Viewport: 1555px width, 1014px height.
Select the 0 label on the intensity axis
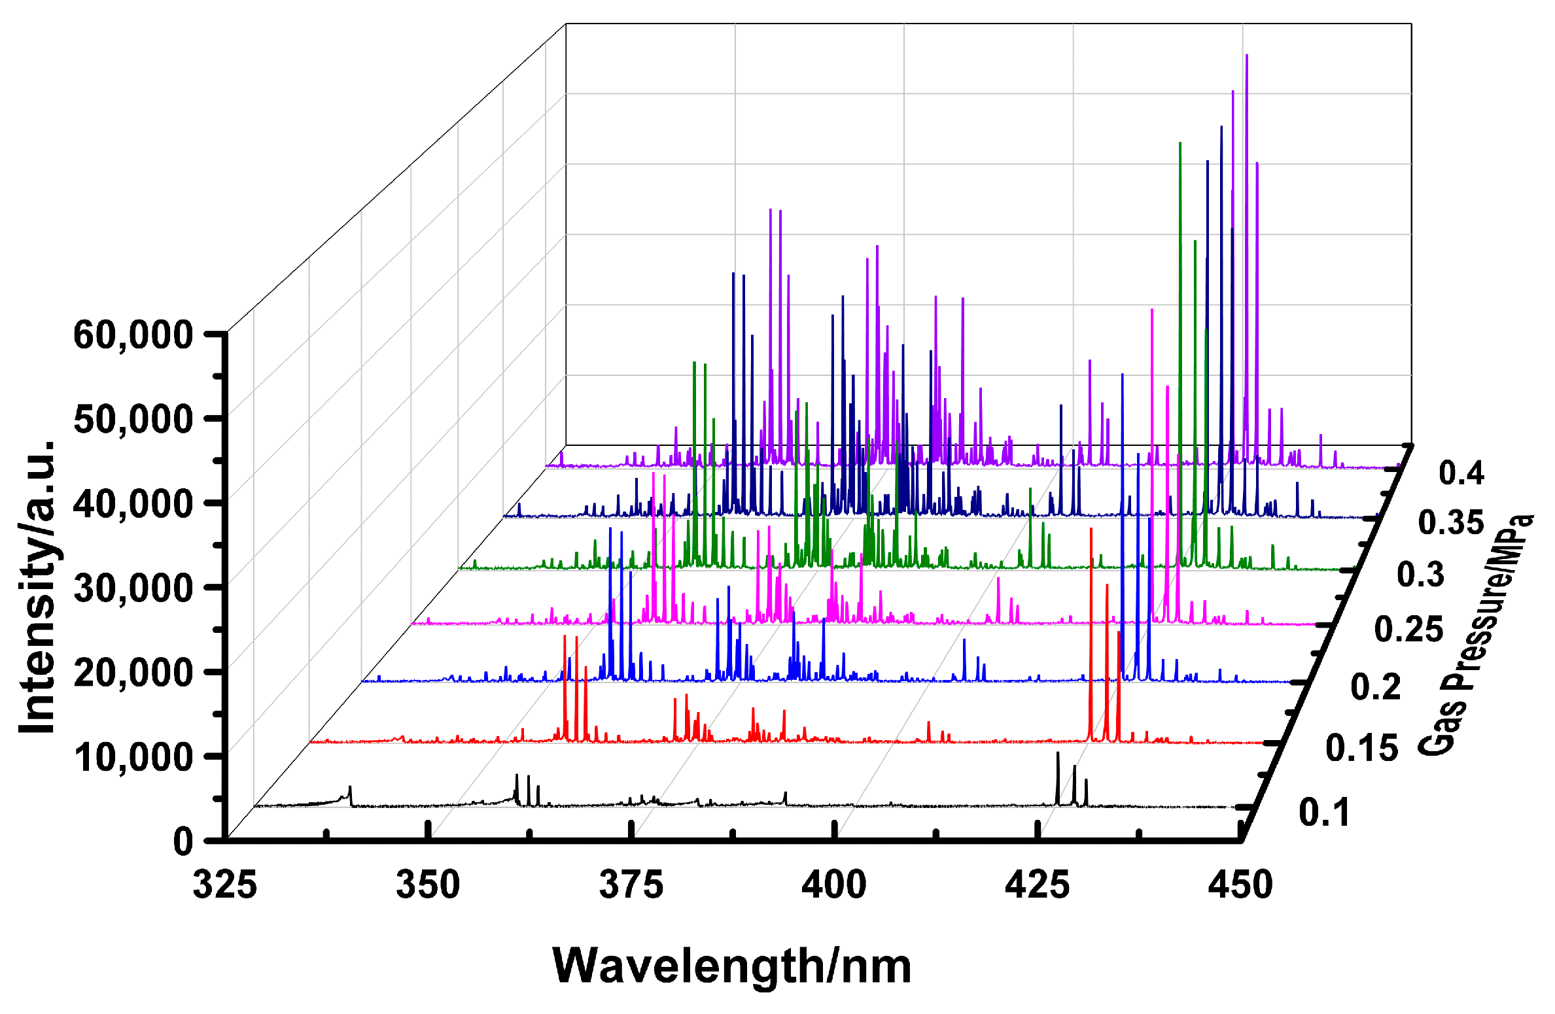tap(183, 841)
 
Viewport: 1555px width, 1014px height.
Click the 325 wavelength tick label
tap(224, 885)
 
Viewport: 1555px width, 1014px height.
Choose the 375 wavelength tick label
tap(631, 885)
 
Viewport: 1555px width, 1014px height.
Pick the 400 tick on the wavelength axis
tap(834, 885)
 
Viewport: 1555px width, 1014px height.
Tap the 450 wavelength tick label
tap(1240, 885)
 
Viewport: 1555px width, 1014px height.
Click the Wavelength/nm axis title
tap(731, 966)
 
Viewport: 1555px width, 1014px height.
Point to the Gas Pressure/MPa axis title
tap(1475, 634)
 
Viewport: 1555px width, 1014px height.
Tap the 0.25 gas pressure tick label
tap(1408, 630)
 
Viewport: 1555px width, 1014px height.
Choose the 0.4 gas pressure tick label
tap(1461, 472)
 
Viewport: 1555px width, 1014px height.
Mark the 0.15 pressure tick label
tap(1361, 747)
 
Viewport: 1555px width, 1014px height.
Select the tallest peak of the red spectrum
tap(1091, 530)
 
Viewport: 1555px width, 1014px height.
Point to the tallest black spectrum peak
tap(1057, 754)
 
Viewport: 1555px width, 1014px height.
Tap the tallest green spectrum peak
tap(1179, 144)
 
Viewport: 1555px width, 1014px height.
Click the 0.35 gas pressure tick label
tap(1450, 523)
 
